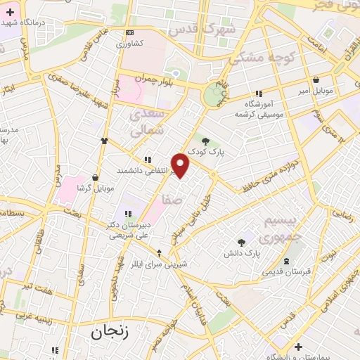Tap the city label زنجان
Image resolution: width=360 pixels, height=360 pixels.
tap(112, 331)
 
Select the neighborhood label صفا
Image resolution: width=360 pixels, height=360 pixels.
tap(171, 200)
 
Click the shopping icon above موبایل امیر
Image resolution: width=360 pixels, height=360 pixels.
tap(316, 81)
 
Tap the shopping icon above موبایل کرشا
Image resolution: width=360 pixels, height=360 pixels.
tap(94, 178)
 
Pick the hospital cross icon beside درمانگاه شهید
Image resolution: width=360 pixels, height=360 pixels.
tap(8, 12)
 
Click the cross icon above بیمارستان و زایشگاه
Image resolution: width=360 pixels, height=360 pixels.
tap(299, 347)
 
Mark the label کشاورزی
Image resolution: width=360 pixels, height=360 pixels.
tap(130, 43)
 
